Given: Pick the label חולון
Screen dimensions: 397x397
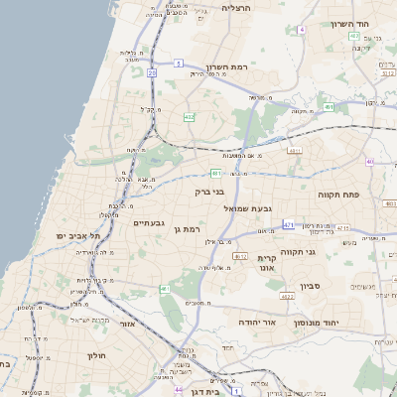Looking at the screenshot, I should click(95, 354).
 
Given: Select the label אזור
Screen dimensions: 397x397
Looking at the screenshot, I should click(125, 324).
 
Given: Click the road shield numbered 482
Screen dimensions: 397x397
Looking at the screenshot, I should click(189, 117).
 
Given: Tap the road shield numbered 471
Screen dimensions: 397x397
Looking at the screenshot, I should click(288, 225).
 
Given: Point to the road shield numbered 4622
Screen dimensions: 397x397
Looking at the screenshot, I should click(287, 296).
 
